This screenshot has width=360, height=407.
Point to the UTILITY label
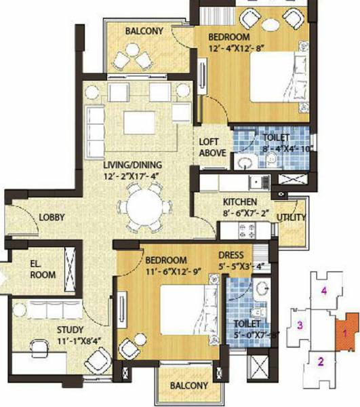291,218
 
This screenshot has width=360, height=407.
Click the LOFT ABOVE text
212,147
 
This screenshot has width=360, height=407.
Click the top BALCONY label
144,31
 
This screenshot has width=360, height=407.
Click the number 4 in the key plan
325,292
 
